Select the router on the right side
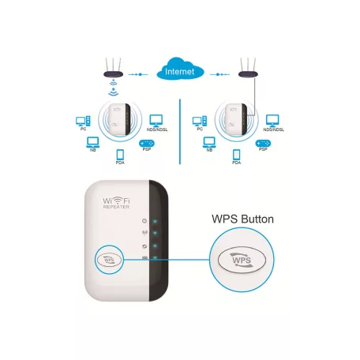point(249,69)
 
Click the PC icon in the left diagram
point(81,121)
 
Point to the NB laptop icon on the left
point(93,142)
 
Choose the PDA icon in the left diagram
point(121,156)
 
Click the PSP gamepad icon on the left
point(147,144)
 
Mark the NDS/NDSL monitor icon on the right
point(272,120)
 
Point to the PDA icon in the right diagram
point(236,156)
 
